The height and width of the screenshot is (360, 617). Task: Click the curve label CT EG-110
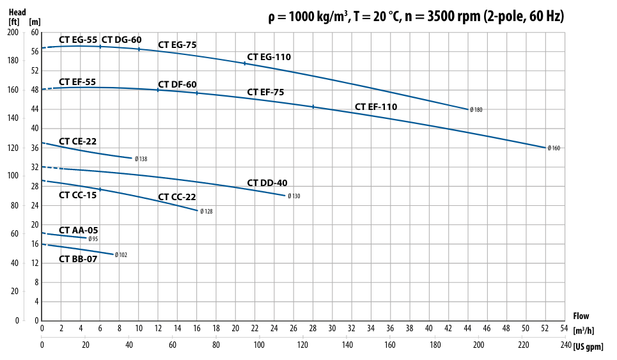pos(269,57)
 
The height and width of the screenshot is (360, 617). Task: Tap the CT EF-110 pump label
pos(376,107)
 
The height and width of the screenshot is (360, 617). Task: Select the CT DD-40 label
pos(267,183)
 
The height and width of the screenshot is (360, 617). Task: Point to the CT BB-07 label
pos(78,259)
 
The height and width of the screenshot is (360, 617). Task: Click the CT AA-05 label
pos(78,230)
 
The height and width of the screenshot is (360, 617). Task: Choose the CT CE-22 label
pos(77,141)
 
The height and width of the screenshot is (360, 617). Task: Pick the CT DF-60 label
pos(177,84)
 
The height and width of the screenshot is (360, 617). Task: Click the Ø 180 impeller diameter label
pos(476,110)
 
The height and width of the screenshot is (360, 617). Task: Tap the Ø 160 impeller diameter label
pos(554,148)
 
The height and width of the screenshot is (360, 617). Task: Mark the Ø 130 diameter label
pos(293,196)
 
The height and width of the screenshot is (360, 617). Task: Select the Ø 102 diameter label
pos(121,255)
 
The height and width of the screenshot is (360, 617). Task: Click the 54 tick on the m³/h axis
pos(564,328)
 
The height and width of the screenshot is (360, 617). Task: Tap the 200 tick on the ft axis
pos(13,32)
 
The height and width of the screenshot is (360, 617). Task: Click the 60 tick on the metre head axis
pos(35,32)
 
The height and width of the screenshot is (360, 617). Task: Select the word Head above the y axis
pos(17,10)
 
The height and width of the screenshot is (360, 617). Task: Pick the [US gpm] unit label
pos(589,346)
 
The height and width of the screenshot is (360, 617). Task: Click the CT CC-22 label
pos(177,197)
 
